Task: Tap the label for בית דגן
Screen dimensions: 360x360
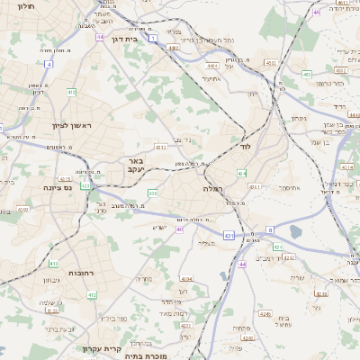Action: click(124, 39)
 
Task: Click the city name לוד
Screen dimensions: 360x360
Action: click(244, 144)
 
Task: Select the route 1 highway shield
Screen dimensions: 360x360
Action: click(154, 37)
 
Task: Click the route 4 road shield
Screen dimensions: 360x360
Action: click(47, 65)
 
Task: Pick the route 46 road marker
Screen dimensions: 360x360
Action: click(316, 12)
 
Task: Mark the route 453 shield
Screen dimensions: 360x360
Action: click(307, 74)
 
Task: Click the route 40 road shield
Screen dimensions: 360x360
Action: click(180, 229)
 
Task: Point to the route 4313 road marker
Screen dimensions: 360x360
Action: click(162, 146)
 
